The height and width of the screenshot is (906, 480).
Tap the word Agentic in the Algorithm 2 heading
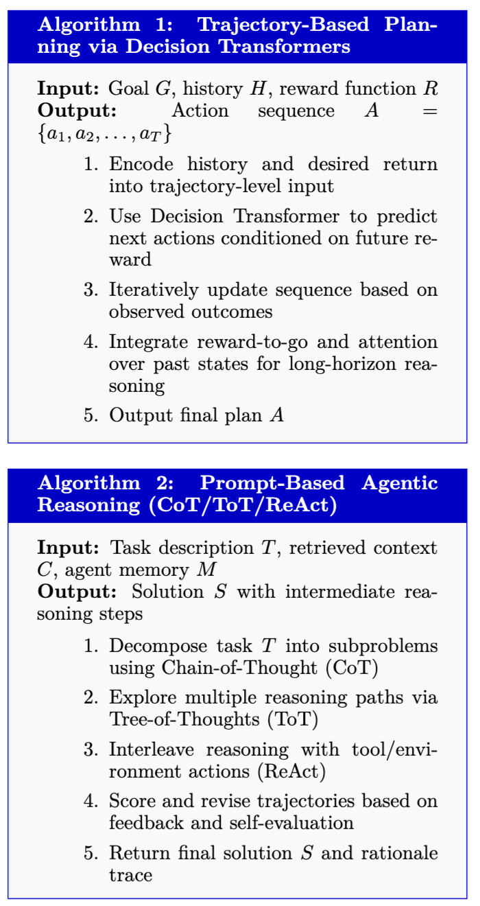[x=401, y=483]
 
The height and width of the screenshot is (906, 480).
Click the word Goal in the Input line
[x=125, y=89]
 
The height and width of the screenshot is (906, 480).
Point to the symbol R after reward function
[x=432, y=89]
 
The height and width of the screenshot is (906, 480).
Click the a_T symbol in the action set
[x=152, y=133]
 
